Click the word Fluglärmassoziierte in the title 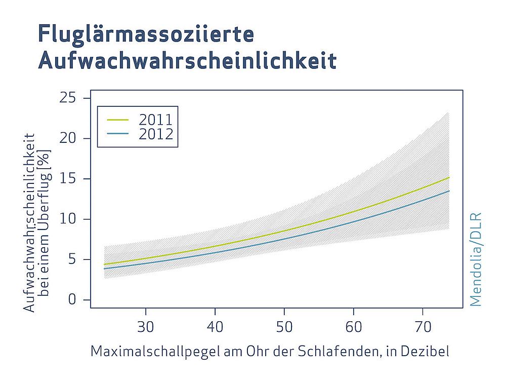click(x=146, y=34)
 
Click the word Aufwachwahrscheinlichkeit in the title click(x=187, y=61)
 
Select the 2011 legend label click(x=155, y=120)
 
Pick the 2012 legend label click(x=155, y=134)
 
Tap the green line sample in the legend click(x=117, y=121)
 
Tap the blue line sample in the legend click(x=117, y=134)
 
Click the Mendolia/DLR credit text click(x=476, y=258)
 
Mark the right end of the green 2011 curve click(x=449, y=177)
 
